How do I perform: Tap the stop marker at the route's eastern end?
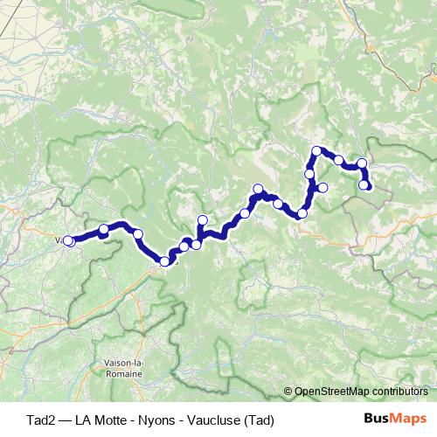click(364, 184)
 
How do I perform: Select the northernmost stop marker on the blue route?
click(316, 151)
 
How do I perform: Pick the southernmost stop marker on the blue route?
click(165, 261)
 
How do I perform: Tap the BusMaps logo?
click(394, 419)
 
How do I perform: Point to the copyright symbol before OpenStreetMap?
click(288, 392)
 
